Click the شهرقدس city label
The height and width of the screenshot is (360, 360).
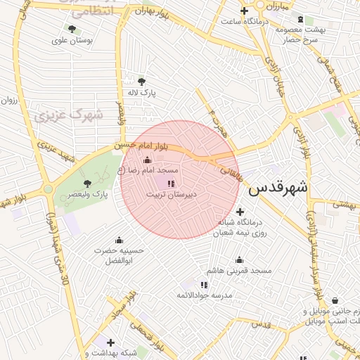point(279,188)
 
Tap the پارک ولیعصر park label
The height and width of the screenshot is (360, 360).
point(86,194)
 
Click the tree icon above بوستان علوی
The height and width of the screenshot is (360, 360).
point(72,29)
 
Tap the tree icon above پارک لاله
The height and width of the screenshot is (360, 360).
point(143,82)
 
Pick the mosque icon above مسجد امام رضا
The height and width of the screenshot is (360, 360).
point(147,160)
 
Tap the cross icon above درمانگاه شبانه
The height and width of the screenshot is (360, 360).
point(240,211)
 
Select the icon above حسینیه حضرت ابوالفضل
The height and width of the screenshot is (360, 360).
point(119,239)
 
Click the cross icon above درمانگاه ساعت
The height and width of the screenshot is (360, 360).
point(244,11)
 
